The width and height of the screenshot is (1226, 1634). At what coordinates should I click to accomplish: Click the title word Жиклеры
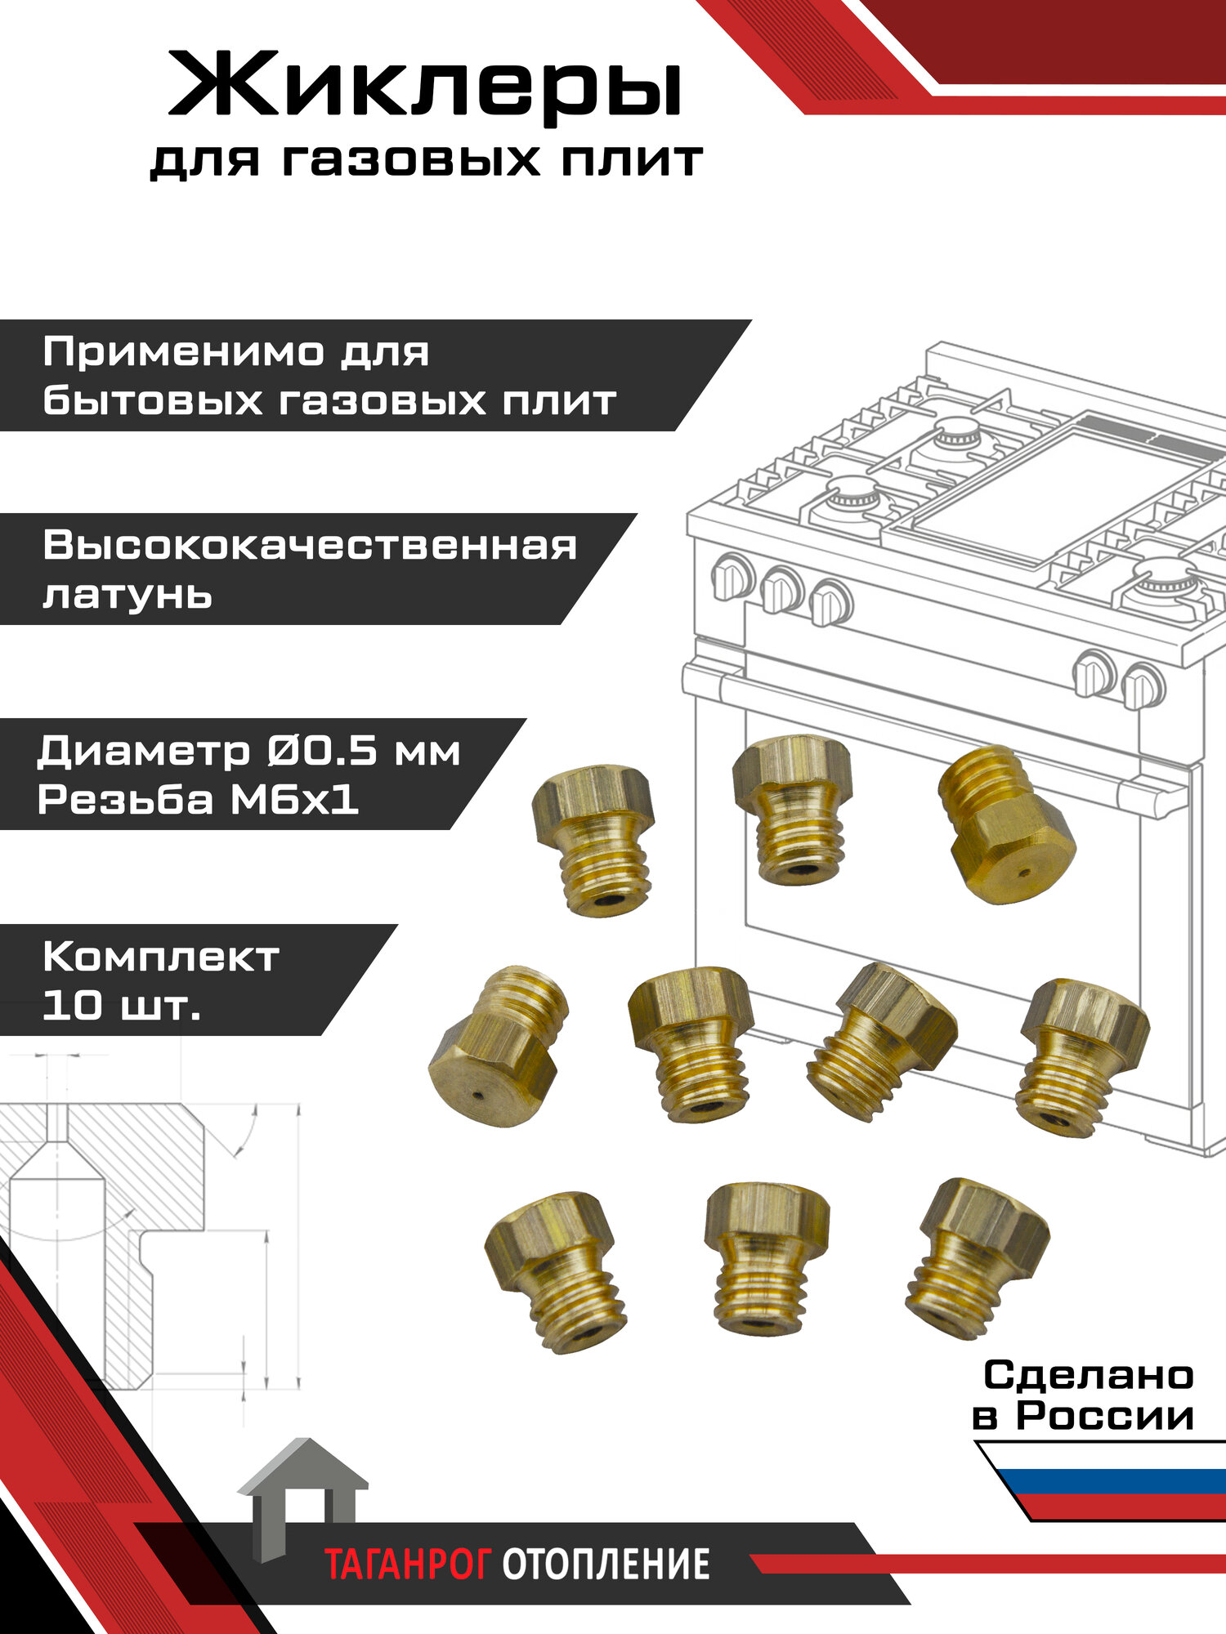[x=425, y=86]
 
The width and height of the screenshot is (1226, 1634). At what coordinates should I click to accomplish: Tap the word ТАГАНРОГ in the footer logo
[x=407, y=1565]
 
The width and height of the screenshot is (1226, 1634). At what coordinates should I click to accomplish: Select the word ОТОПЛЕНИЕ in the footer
[x=605, y=1565]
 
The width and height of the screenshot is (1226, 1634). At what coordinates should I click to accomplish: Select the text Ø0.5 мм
[x=364, y=751]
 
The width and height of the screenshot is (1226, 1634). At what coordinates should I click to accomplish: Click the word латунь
[x=128, y=595]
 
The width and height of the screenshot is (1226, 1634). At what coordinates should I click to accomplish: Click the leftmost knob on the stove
[x=732, y=576]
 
